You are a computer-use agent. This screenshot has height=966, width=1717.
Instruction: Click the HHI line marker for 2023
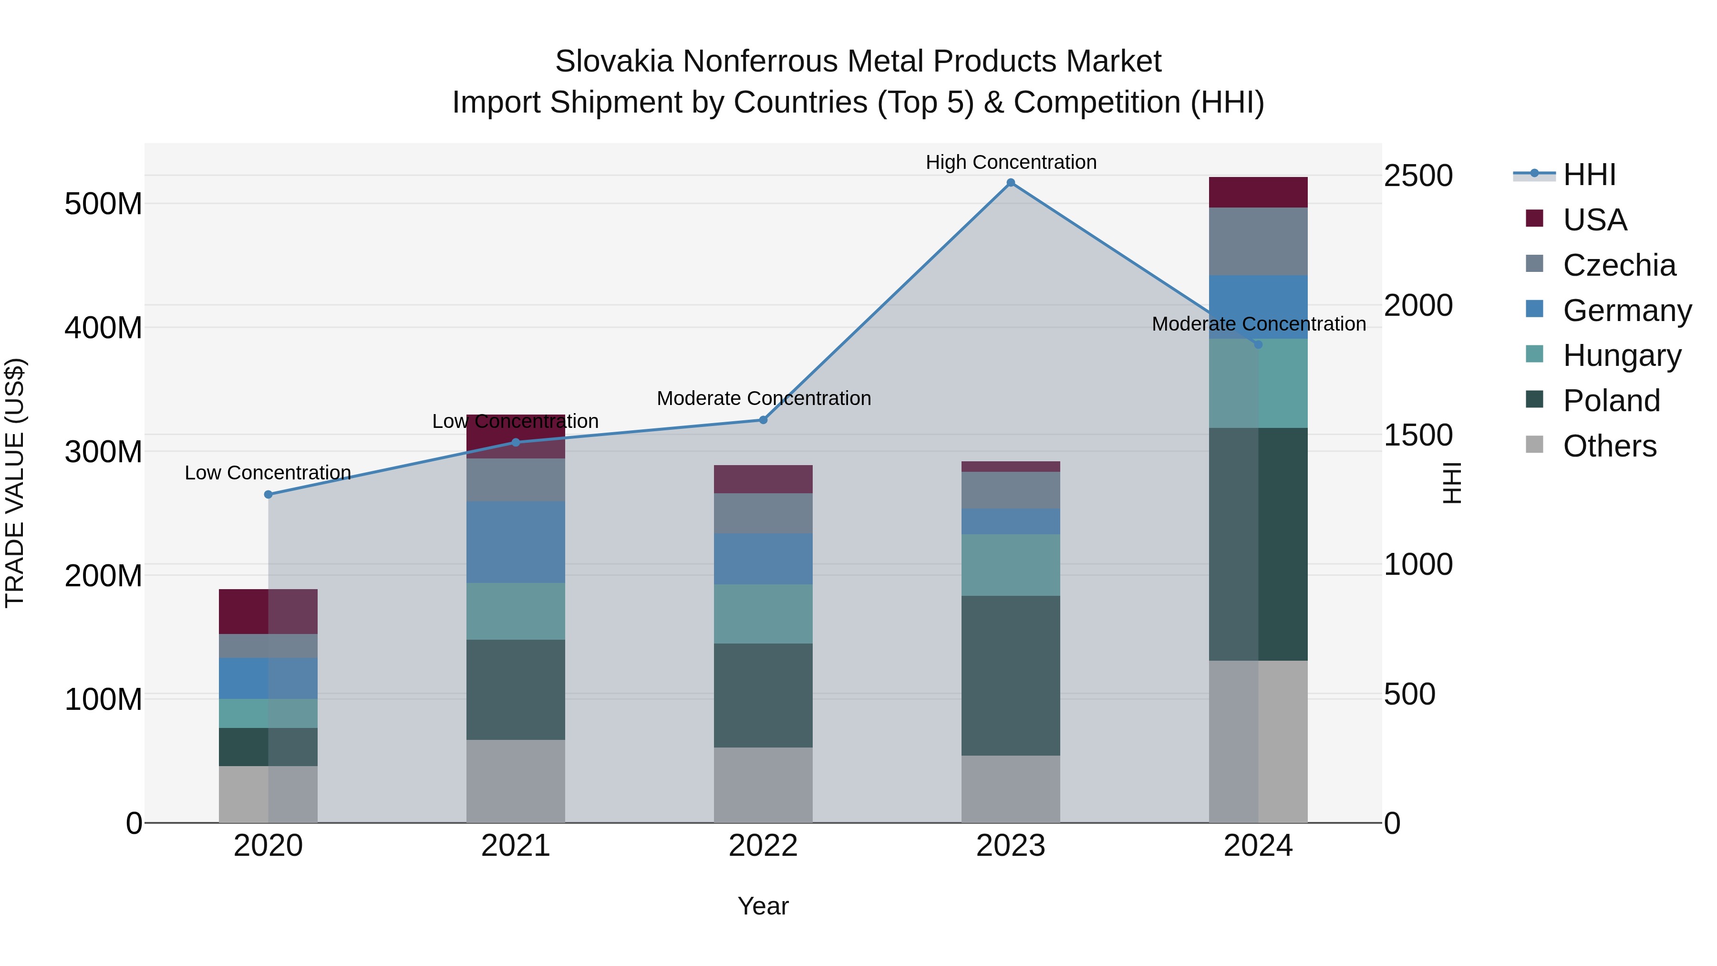coord(1011,183)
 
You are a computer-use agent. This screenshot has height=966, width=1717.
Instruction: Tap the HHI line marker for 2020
coord(268,495)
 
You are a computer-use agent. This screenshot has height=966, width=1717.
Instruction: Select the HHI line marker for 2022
coord(763,420)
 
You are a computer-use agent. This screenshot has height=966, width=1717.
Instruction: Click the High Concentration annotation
coord(1011,162)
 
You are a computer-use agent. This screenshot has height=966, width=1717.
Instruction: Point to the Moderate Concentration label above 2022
coord(763,398)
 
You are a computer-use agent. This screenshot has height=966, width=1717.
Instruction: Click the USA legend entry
coord(1594,220)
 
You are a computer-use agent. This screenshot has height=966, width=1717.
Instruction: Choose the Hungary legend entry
coord(1622,355)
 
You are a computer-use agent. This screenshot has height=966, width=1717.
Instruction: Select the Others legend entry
coord(1609,446)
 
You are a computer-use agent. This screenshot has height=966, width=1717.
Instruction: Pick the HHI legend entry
coord(1589,175)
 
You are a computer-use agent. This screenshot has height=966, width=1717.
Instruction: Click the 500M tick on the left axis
coord(103,203)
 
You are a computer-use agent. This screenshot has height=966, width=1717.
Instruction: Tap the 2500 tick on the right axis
coord(1418,176)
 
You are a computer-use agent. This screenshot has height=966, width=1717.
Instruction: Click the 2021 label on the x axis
coord(515,846)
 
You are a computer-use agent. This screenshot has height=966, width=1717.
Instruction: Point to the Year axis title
coord(763,906)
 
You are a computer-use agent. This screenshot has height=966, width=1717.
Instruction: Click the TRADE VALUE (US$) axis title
coord(15,483)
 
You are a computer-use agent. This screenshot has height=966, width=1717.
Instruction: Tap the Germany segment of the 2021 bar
coord(515,542)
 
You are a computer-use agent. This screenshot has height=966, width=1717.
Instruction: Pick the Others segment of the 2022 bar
coord(763,785)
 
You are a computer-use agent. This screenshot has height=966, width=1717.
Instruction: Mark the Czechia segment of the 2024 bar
coord(1258,241)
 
